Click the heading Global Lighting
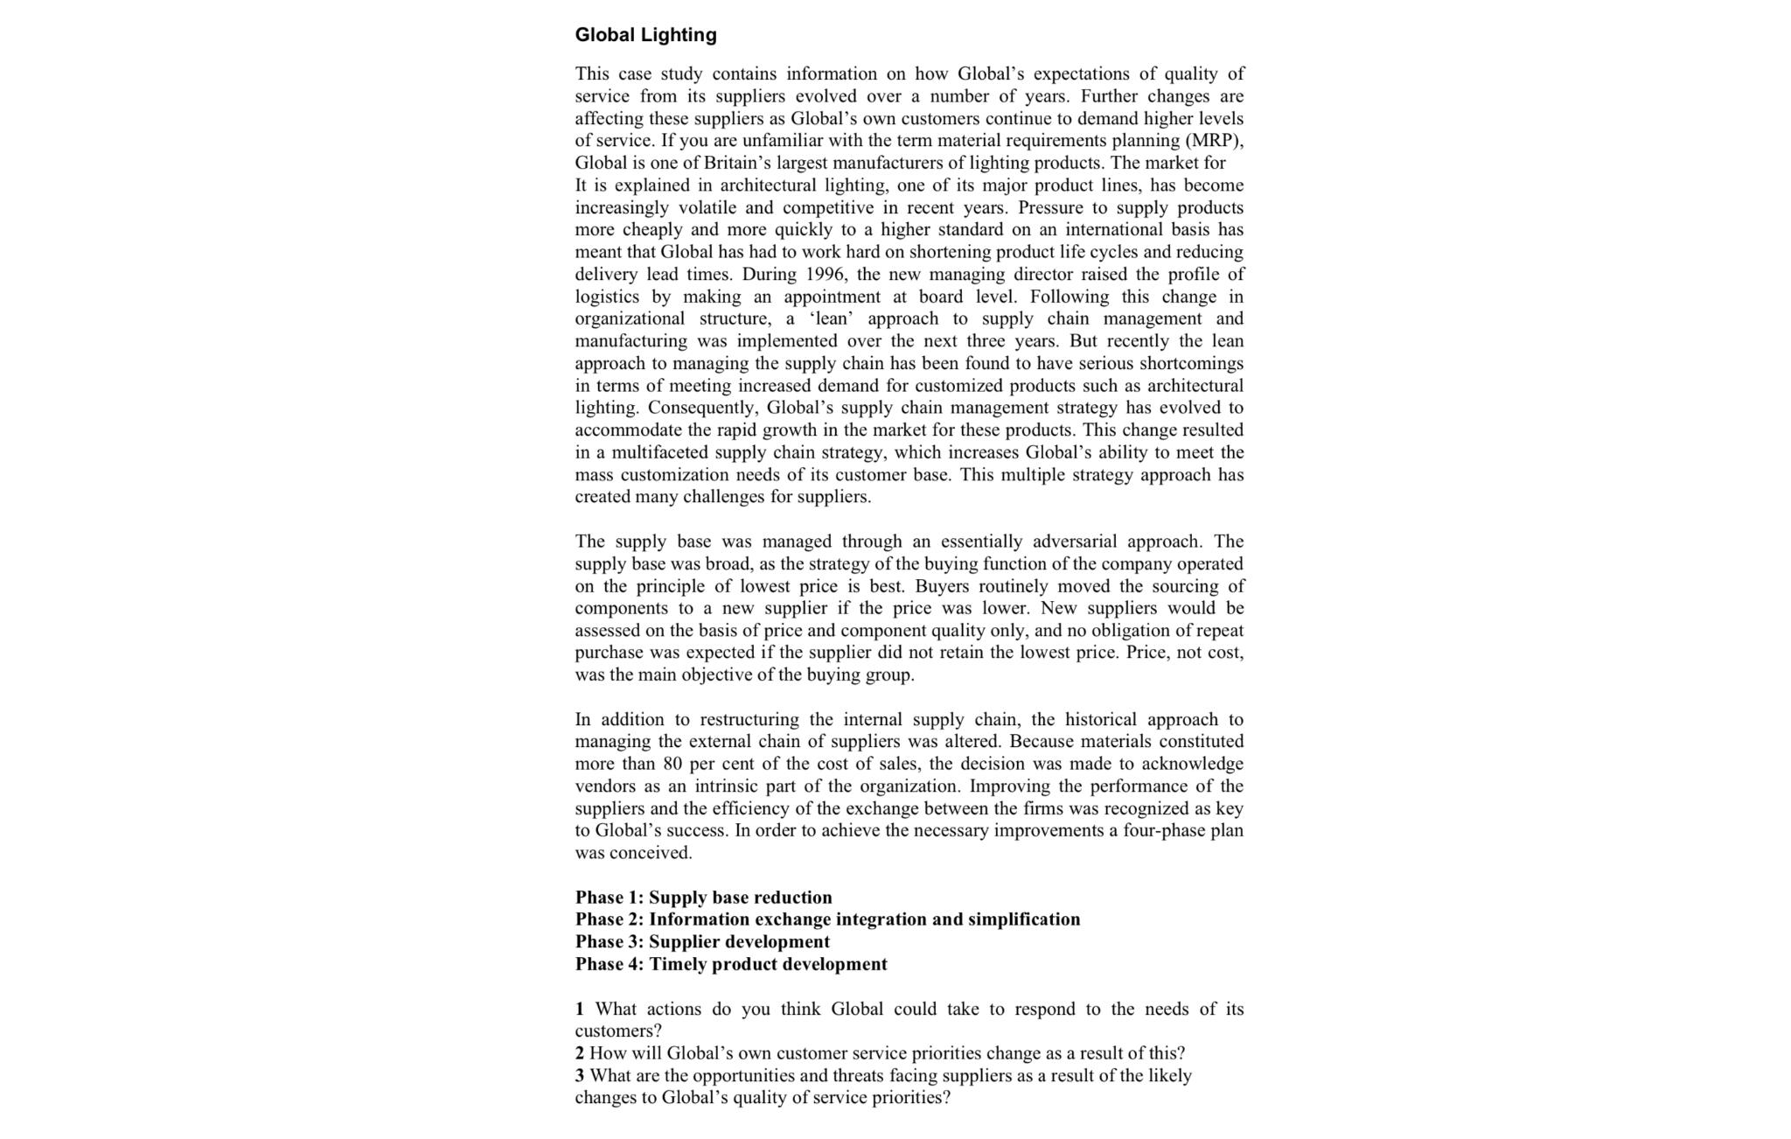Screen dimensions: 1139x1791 645,35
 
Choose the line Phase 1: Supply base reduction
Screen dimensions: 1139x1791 703,898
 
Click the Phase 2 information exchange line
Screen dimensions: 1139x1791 827,919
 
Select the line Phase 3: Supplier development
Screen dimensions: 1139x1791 702,942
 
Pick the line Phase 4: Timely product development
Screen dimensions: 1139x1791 730,964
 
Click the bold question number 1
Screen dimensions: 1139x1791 580,1010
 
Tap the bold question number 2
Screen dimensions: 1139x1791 580,1053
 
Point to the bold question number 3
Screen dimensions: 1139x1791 580,1076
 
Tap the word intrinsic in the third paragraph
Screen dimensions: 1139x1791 725,786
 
